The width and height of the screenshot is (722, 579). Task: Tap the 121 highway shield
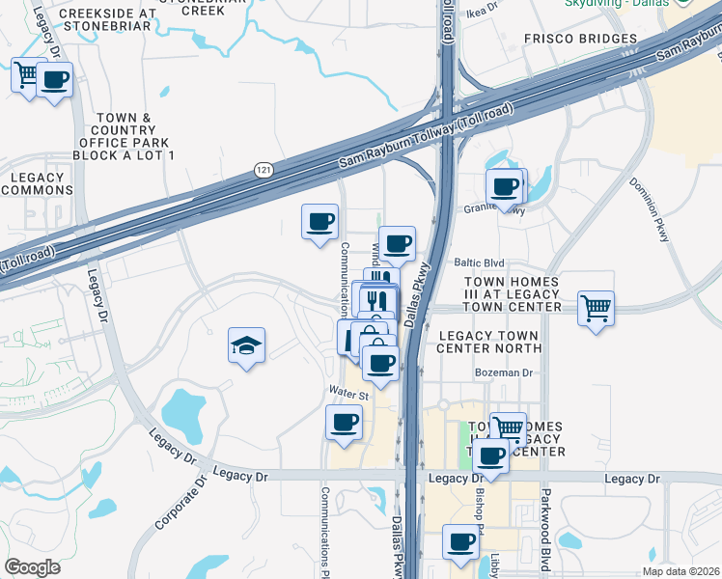[264, 170]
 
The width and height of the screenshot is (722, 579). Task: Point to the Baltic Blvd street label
[480, 262]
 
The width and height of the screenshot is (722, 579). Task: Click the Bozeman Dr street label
[503, 372]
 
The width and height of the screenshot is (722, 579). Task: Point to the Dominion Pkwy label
[649, 208]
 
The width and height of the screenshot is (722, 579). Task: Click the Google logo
[32, 567]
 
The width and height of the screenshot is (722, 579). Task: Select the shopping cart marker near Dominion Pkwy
[597, 310]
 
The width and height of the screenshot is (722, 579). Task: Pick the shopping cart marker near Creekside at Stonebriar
[27, 73]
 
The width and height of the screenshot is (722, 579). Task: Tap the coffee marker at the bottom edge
[461, 541]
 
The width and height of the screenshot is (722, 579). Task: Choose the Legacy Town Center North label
[489, 341]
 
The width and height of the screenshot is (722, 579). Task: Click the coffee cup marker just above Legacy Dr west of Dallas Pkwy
[344, 422]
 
